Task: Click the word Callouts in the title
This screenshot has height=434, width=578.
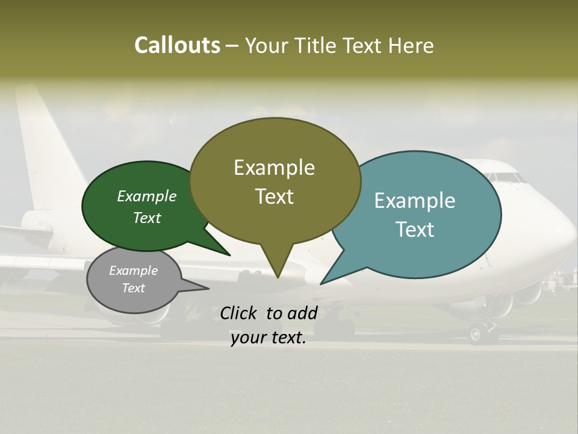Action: [177, 45]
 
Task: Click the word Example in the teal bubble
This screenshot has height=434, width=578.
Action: [415, 200]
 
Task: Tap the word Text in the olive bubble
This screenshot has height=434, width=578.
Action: [275, 197]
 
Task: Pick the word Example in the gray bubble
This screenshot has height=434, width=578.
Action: [133, 271]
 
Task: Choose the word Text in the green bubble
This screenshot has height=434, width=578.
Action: [147, 218]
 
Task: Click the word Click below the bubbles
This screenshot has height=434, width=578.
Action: [240, 313]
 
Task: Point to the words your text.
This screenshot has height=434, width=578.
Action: [269, 338]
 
